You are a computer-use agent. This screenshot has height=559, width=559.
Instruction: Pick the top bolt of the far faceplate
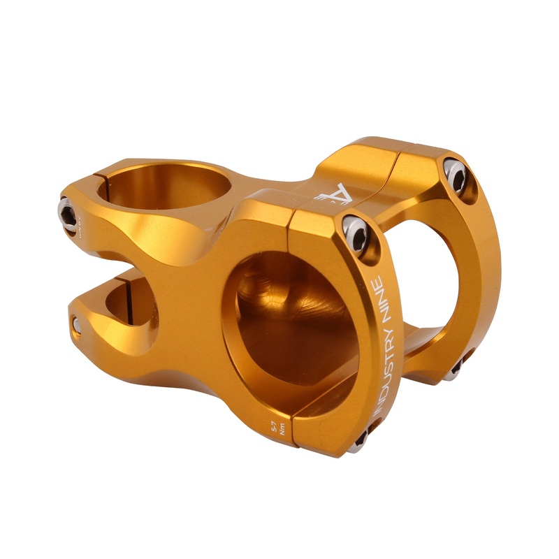pyautogui.click(x=457, y=175)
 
